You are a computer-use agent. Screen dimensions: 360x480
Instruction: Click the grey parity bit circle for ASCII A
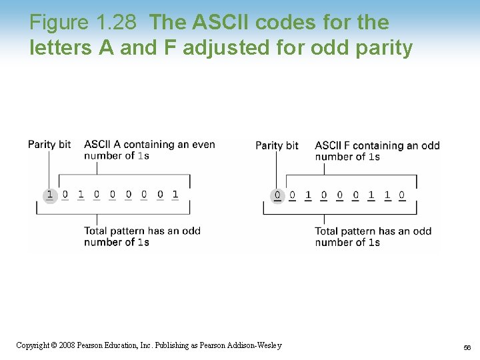[49, 195]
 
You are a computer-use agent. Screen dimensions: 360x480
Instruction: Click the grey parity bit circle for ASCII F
[277, 196]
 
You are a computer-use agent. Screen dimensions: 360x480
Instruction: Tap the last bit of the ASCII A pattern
[175, 195]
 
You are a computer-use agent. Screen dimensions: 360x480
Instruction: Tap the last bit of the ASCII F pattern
[402, 195]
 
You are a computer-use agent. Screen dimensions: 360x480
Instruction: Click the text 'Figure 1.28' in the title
[83, 23]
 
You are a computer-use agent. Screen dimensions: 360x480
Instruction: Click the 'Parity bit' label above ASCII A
[49, 144]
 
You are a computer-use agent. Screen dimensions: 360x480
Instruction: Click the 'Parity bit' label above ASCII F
[277, 145]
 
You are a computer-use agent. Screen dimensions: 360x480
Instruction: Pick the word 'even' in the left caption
[203, 144]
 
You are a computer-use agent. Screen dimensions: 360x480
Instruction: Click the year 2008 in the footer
[66, 345]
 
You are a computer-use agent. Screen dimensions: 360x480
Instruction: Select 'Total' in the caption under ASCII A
[97, 231]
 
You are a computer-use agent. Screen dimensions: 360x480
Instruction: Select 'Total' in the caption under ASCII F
[327, 231]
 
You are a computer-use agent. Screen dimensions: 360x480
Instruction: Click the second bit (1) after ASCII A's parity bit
[81, 195]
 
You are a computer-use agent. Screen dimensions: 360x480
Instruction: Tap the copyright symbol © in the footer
[55, 345]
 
